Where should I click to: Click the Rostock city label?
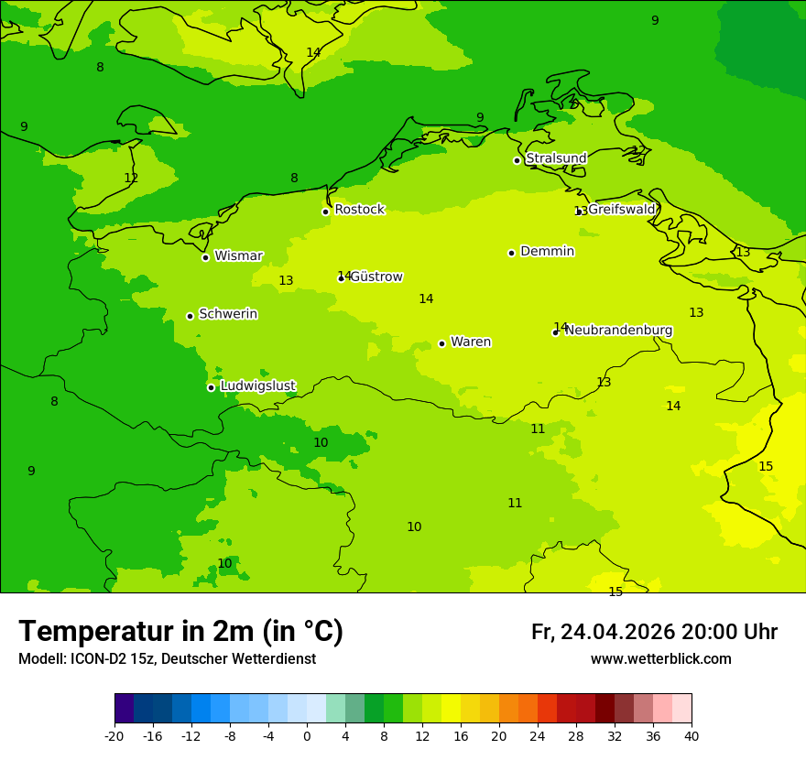[359, 210]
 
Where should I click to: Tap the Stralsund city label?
[556, 158]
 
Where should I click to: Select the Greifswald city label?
[622, 210]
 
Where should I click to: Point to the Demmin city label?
[547, 252]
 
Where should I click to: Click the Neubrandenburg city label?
[618, 331]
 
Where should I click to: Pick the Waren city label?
[471, 342]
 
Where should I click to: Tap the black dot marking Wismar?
[206, 257]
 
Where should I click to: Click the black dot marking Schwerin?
[191, 316]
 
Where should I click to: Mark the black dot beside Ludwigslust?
[211, 387]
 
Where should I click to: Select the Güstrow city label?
[376, 277]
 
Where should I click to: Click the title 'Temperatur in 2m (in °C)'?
[180, 632]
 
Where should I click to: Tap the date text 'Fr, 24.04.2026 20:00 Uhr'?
[654, 633]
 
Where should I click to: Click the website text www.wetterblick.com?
[660, 659]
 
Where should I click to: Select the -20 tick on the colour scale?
[114, 735]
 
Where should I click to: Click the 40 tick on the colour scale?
[692, 735]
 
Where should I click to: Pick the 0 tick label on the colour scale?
[307, 735]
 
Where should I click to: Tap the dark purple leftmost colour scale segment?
[124, 709]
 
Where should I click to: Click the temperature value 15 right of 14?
[766, 467]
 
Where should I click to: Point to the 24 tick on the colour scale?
[538, 735]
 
